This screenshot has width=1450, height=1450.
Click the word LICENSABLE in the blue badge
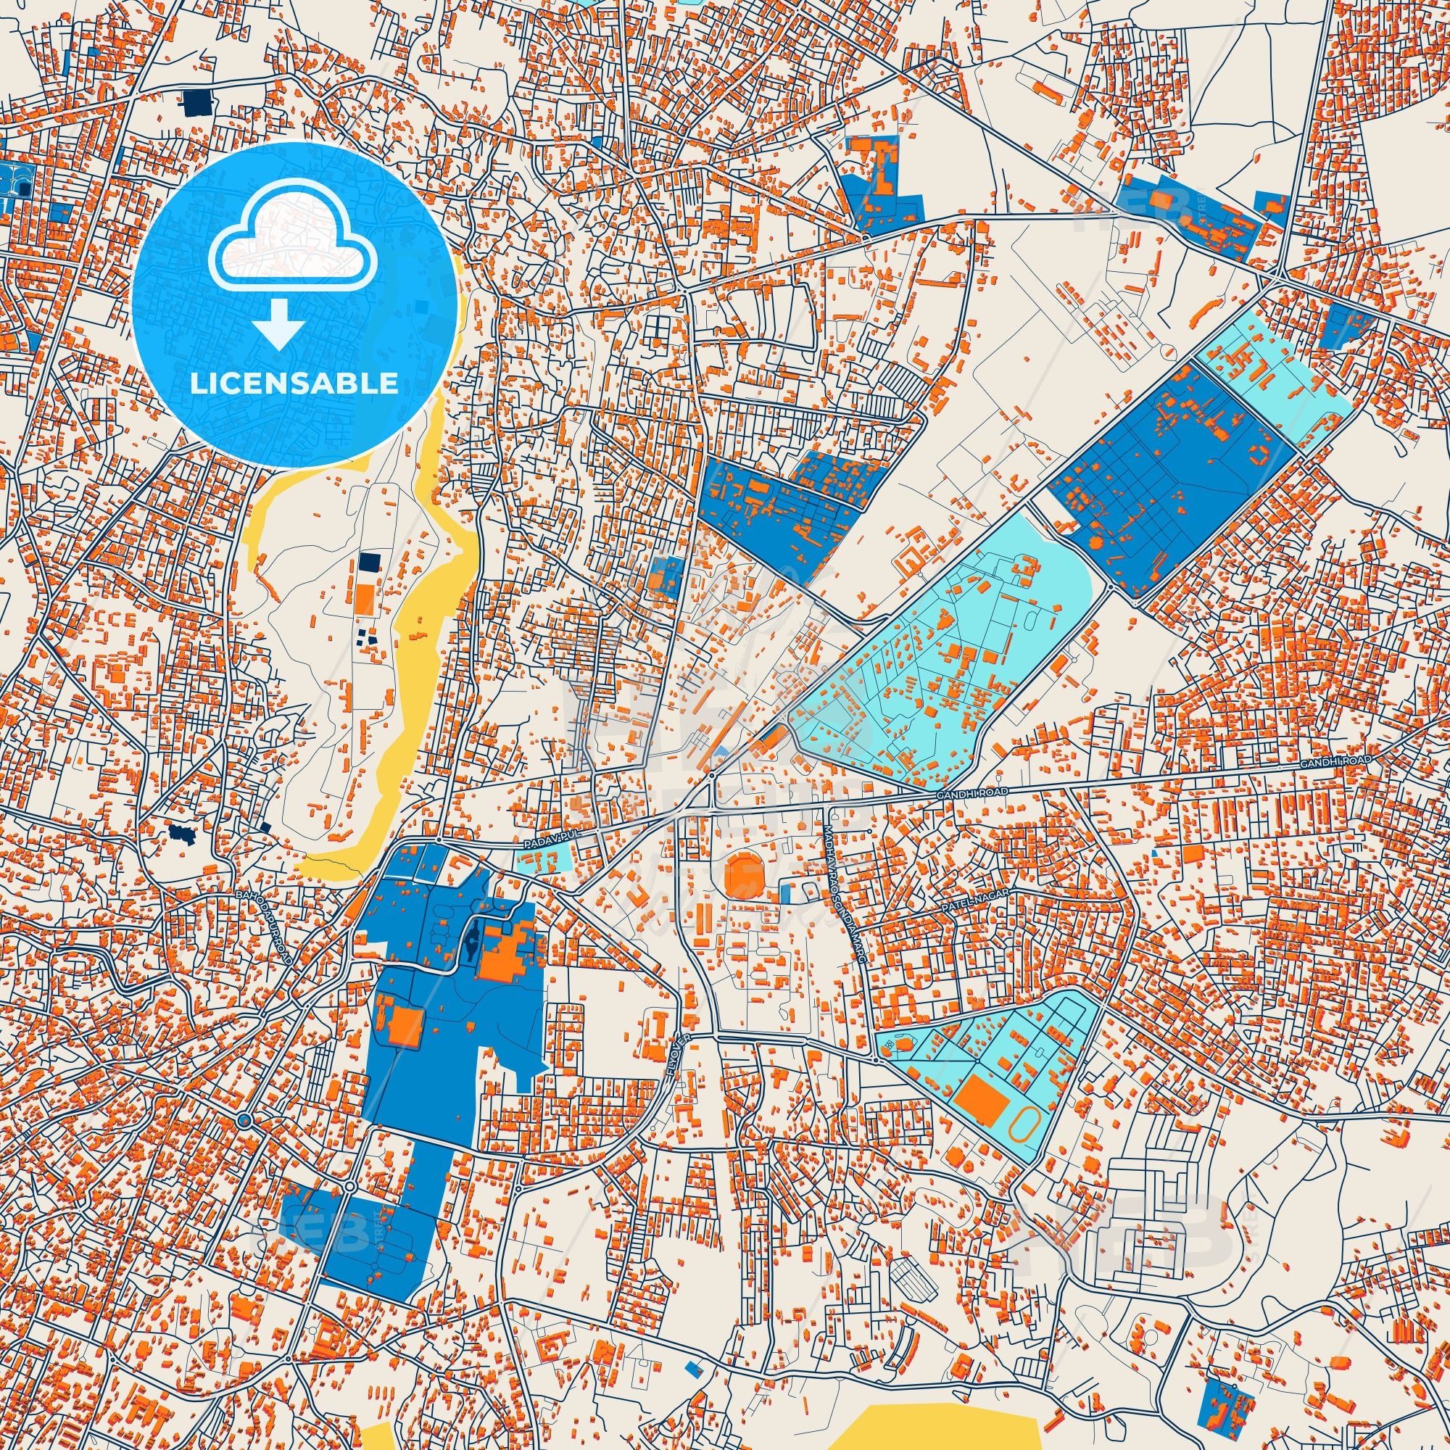point(294,384)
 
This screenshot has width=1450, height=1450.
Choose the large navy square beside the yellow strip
point(368,561)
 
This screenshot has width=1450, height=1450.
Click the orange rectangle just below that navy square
point(364,598)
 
